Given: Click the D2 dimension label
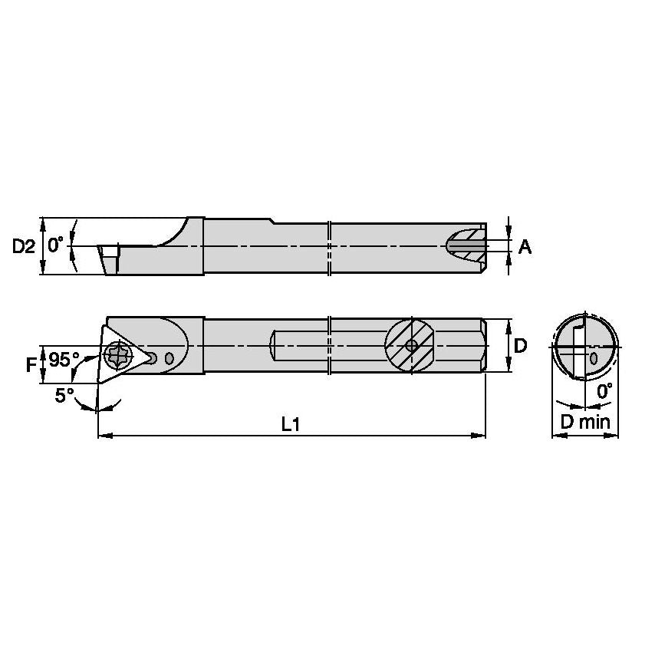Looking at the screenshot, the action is tap(23, 246).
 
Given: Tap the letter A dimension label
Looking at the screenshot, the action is tap(525, 247).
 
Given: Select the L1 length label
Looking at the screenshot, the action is tap(291, 425).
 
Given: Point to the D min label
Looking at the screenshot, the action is tap(584, 423).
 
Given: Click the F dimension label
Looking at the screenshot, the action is tap(31, 365).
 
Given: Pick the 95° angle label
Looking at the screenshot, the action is tap(64, 359).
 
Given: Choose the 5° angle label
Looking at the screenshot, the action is tap(64, 395).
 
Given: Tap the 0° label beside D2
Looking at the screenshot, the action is tap(55, 245).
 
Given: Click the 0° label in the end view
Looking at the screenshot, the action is tap(604, 391).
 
